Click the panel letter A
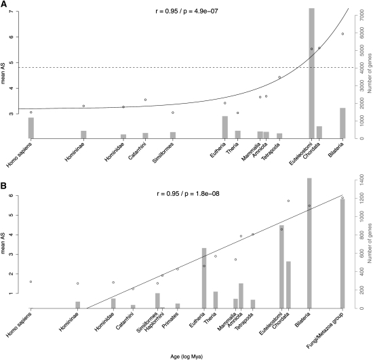[5, 5]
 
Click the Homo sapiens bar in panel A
[31, 127]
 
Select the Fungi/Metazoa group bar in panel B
[342, 253]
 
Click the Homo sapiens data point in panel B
[31, 281]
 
